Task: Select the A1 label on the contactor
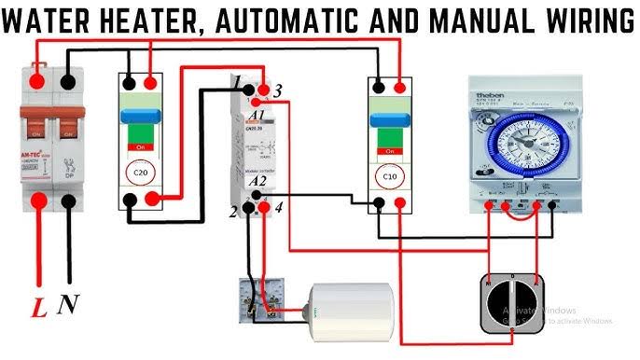(x=258, y=115)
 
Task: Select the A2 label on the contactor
(x=258, y=182)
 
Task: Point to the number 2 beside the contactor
(x=234, y=213)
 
